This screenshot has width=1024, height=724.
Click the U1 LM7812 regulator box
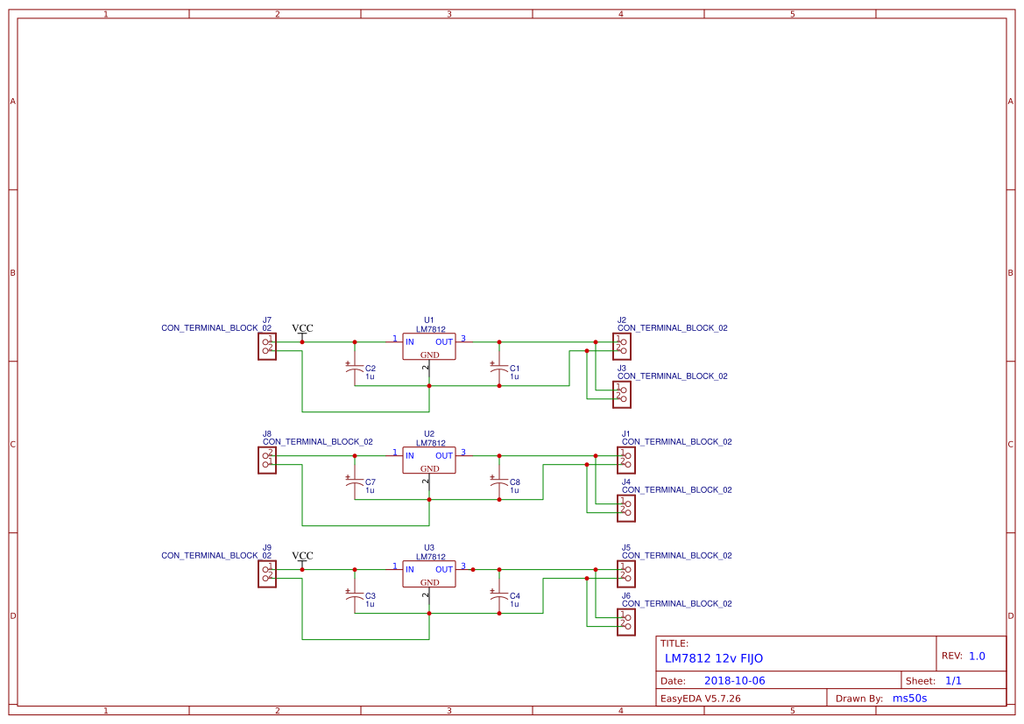tap(429, 347)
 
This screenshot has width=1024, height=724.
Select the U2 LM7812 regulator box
tap(429, 460)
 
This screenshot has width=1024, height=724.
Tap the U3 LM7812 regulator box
tap(429, 574)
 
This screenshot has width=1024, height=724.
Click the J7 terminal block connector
tap(267, 347)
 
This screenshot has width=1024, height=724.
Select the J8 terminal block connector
tap(267, 460)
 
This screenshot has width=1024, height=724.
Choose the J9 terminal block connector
tap(267, 574)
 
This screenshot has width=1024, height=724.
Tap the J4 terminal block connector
tap(625, 509)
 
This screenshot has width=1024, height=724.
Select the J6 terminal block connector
tap(625, 622)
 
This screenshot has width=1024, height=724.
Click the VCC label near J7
tap(302, 329)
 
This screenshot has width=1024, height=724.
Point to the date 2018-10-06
tap(734, 681)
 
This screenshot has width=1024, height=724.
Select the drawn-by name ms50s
tap(909, 699)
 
